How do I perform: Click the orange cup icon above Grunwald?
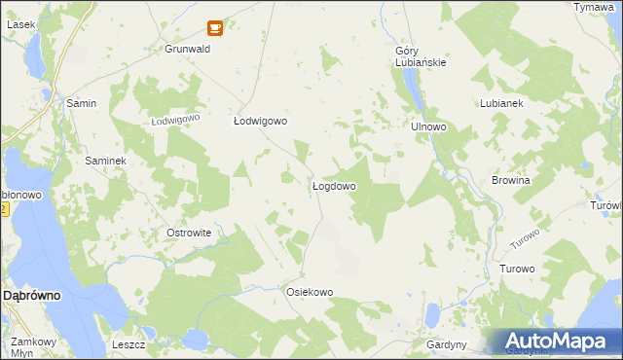click(215, 28)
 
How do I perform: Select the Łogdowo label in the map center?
click(333, 186)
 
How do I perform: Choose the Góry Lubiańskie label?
click(421, 57)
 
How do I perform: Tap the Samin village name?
click(80, 102)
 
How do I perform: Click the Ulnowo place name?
click(428, 126)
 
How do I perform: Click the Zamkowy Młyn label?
click(33, 348)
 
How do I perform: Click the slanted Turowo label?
click(525, 238)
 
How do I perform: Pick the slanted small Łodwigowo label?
click(175, 120)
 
